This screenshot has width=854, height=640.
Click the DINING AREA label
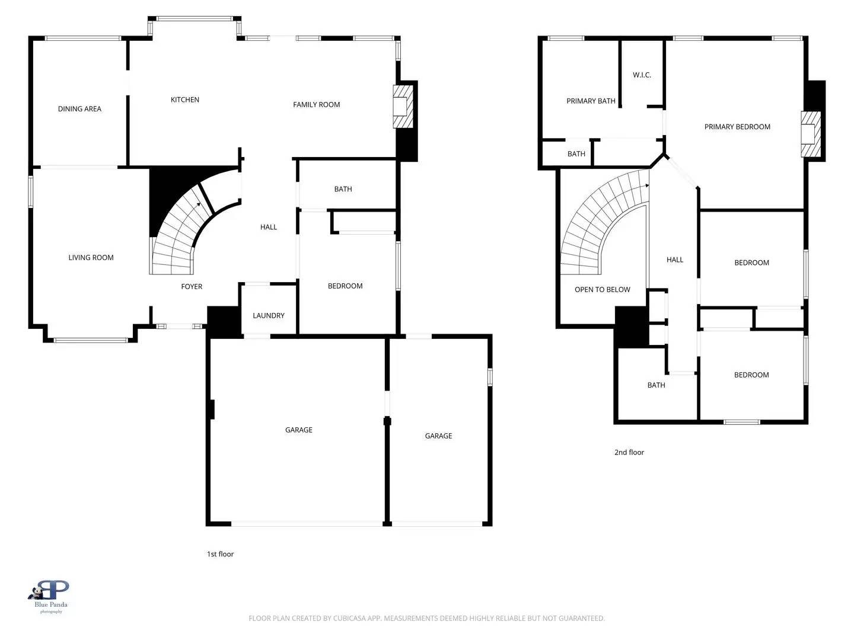(79, 109)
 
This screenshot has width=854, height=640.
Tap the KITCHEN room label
(185, 100)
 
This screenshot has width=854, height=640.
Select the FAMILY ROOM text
(316, 105)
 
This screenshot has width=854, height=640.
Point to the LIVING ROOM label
(91, 258)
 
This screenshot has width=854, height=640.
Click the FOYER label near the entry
(192, 287)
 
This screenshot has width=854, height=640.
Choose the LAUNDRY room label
(269, 316)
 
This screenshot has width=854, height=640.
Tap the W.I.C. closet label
(642, 75)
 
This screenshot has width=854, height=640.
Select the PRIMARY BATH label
(591, 101)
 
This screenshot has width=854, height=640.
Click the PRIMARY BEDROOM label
(737, 127)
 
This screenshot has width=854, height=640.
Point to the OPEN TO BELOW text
(602, 290)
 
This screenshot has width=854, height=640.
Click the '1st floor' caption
(220, 554)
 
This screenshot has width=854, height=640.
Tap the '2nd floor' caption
(629, 452)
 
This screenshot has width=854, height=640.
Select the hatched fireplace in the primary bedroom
(810, 135)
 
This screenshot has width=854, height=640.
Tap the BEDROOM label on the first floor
(345, 286)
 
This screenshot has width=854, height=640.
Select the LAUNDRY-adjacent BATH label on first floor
(343, 190)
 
